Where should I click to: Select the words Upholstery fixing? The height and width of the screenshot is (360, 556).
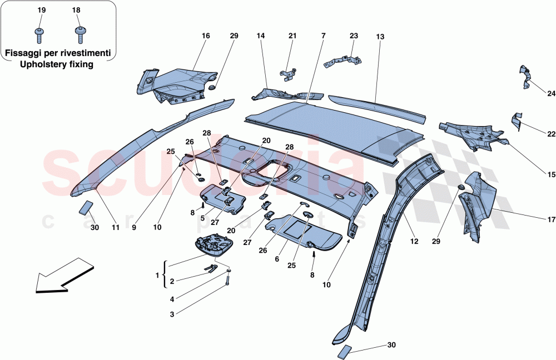pyautogui.click(x=57, y=64)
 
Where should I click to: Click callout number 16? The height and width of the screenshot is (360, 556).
pyautogui.click(x=206, y=36)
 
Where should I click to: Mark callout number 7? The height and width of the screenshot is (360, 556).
pyautogui.click(x=322, y=36)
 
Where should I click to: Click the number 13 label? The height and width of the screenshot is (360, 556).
pyautogui.click(x=380, y=37)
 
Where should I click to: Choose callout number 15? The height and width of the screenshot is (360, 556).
pyautogui.click(x=551, y=174)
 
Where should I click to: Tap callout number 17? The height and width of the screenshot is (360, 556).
pyautogui.click(x=551, y=218)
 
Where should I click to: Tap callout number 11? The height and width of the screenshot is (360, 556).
pyautogui.click(x=116, y=227)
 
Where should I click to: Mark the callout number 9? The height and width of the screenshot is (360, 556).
pyautogui.click(x=133, y=227)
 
